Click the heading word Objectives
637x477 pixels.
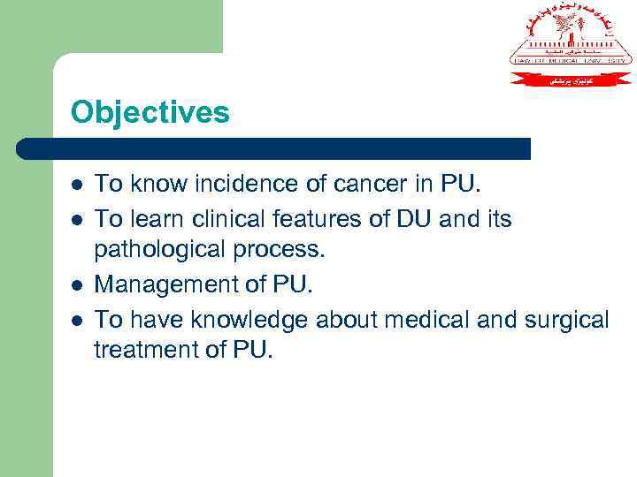coord(150,112)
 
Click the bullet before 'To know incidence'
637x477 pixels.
coord(77,185)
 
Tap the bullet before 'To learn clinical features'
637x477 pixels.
coord(77,218)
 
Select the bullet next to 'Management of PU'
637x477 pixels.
coord(77,285)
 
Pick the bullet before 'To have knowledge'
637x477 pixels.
coord(77,319)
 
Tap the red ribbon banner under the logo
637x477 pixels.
coord(571,78)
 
